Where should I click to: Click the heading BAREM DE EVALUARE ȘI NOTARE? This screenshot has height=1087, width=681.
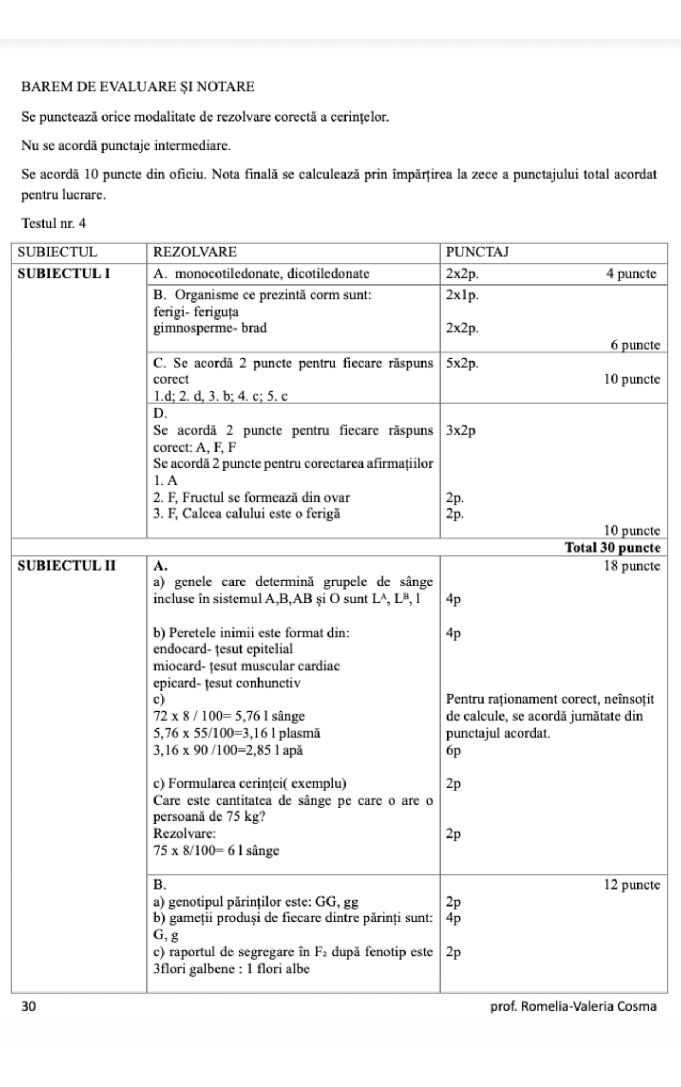138,87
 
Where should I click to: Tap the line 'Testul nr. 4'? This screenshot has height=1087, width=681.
54,223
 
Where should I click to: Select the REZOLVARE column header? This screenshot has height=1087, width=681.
195,252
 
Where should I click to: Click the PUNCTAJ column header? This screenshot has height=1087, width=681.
477,252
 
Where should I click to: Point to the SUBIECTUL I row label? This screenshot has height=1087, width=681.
64,274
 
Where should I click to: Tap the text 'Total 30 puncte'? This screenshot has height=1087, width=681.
613,547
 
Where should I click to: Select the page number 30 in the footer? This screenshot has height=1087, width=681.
29,1006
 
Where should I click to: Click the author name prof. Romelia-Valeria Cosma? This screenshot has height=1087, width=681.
573,1006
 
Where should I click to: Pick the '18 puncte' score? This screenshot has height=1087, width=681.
632,565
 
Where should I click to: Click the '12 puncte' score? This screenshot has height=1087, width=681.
632,885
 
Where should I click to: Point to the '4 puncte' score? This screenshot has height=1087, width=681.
632,274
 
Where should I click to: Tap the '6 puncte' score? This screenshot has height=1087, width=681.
635,345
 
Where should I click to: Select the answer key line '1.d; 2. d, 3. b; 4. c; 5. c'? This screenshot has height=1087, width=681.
220,396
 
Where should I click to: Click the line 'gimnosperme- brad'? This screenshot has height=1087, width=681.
210,328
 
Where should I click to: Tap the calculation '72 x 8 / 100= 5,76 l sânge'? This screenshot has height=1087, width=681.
229,716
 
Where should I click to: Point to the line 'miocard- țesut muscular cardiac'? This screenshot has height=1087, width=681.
246,666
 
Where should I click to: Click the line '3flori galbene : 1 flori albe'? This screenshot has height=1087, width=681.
231,969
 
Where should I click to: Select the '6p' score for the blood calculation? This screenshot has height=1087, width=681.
454,750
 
